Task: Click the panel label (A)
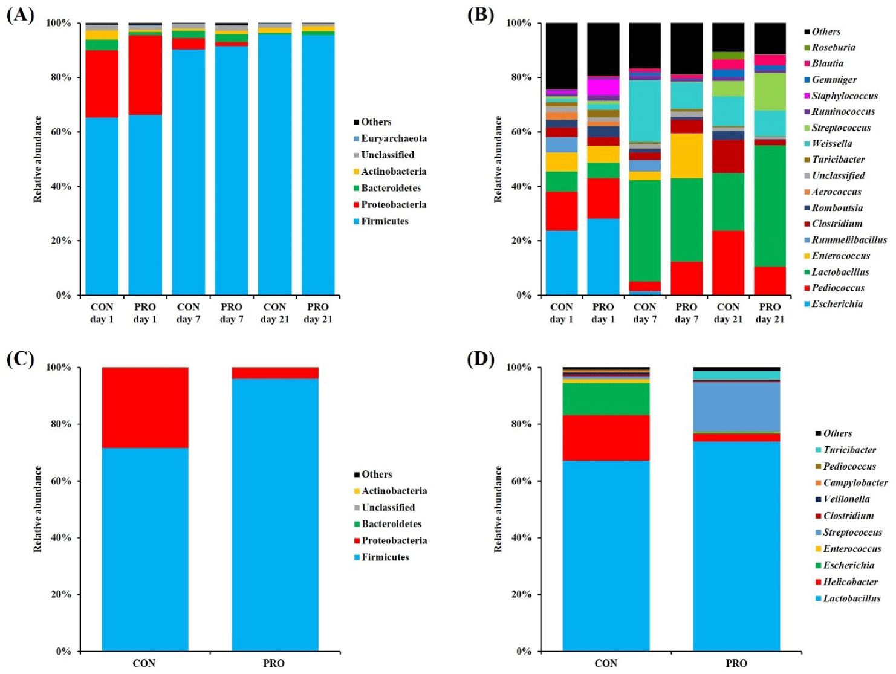[x=20, y=15]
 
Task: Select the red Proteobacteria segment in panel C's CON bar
[x=145, y=407]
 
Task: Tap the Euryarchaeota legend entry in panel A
[x=394, y=138]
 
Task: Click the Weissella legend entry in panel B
[x=831, y=144]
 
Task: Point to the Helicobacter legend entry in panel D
[x=850, y=582]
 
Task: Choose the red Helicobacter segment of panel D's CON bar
[x=606, y=438]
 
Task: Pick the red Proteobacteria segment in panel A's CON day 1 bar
[x=102, y=83]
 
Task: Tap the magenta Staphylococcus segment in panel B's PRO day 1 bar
[x=603, y=86]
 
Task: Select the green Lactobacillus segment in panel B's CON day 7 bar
[x=644, y=230]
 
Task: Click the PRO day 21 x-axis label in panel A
[x=318, y=313]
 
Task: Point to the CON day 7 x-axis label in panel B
[x=644, y=313]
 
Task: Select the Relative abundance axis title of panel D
[x=498, y=509]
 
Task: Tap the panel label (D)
[x=481, y=359]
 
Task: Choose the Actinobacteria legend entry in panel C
[x=394, y=491]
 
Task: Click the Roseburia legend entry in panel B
[x=833, y=48]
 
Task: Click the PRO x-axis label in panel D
[x=736, y=663]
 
